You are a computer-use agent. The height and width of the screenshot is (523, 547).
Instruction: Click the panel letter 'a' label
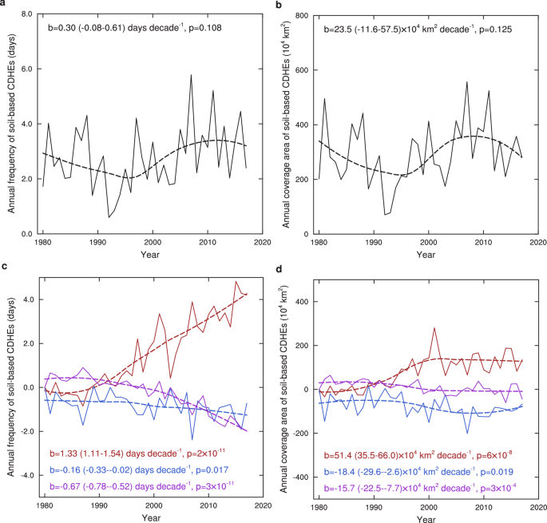click(x=5, y=6)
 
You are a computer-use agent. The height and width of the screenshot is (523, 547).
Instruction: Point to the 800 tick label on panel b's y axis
click(x=300, y=15)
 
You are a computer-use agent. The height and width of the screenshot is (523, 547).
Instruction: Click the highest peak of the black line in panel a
click(x=191, y=75)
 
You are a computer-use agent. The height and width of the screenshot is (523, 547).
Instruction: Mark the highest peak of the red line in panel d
click(x=434, y=327)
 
